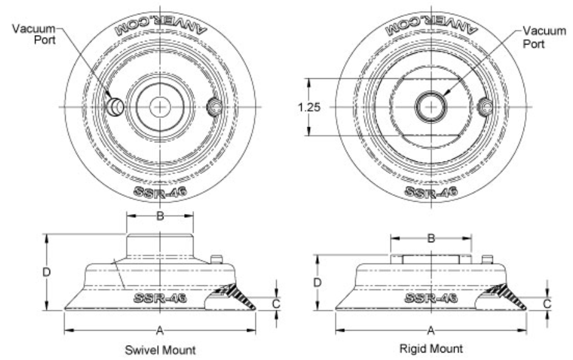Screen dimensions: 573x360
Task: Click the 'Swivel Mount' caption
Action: tap(160, 350)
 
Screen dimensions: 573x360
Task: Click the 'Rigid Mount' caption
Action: tap(431, 348)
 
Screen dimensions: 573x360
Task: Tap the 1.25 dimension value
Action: tap(309, 107)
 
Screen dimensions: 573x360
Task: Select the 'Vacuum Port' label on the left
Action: tap(34, 34)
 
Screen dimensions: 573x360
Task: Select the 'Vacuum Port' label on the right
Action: tap(544, 37)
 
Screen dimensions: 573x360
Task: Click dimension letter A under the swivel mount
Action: tap(160, 331)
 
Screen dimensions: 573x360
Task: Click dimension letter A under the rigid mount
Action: tap(431, 331)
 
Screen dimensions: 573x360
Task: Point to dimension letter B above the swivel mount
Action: tap(160, 215)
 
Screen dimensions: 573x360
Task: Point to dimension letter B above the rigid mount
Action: tap(431, 239)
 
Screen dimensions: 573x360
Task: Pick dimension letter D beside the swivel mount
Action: tap(46, 272)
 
